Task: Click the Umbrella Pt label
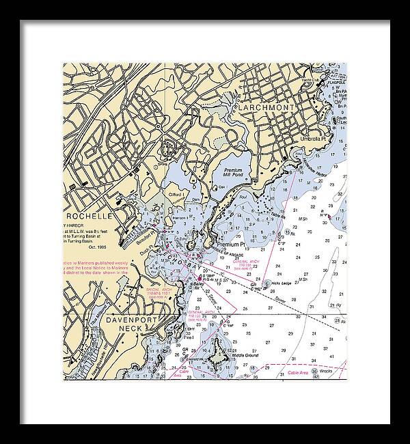click(x=316, y=139)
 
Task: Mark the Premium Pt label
click(x=230, y=243)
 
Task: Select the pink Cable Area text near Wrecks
click(x=298, y=373)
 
